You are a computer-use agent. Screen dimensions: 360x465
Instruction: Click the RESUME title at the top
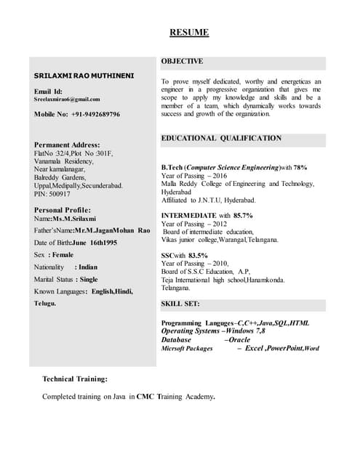[x=189, y=33]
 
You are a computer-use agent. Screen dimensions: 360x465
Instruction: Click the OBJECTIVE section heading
[x=182, y=62]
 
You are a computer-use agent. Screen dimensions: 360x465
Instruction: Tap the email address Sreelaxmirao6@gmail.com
[x=67, y=99]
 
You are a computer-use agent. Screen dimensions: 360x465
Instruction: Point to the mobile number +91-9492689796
[x=95, y=115]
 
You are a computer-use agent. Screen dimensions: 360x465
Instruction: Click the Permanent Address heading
[x=67, y=145]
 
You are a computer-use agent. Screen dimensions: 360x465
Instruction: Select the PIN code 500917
[x=59, y=194]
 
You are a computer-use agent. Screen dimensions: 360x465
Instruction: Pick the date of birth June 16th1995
[x=99, y=242]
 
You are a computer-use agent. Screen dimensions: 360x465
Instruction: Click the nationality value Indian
[x=87, y=267]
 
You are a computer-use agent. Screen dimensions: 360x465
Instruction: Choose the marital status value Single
[x=89, y=279]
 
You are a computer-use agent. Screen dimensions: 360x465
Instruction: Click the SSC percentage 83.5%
[x=198, y=256]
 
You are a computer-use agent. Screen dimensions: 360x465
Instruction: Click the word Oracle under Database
[x=239, y=339]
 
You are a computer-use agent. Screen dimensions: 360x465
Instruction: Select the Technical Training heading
[x=75, y=379]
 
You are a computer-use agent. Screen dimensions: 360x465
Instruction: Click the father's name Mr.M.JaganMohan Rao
[x=113, y=230]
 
